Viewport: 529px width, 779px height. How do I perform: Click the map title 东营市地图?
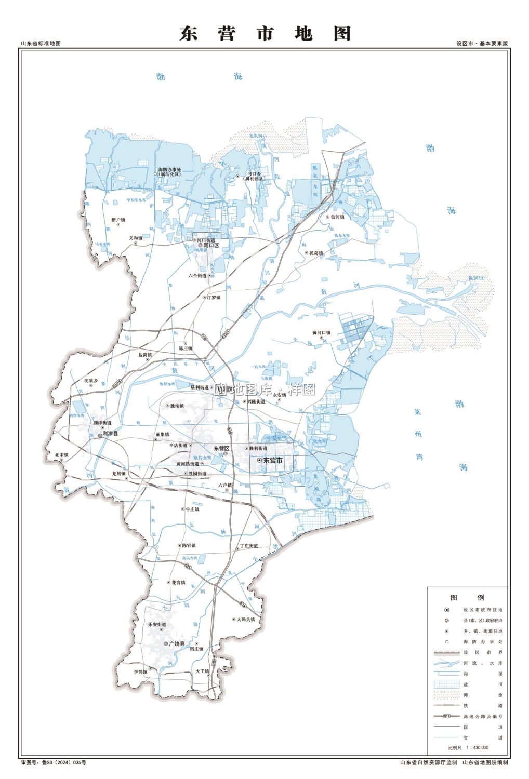point(265,34)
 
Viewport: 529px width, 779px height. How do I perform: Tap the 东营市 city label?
point(273,461)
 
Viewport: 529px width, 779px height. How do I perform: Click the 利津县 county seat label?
point(110,434)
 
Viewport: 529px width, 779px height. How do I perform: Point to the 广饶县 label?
point(177,644)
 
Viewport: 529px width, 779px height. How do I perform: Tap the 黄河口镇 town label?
point(321,333)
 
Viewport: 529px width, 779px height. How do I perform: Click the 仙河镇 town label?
point(337,217)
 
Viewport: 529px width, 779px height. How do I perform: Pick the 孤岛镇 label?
point(316,253)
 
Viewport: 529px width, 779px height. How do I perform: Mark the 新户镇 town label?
point(118,220)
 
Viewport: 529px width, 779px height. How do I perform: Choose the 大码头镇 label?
point(246,620)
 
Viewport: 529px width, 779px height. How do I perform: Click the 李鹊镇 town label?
point(140,672)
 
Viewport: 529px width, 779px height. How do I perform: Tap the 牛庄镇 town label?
point(192,509)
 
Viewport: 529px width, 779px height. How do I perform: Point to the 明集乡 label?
point(91,381)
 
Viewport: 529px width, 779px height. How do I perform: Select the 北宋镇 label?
point(61,455)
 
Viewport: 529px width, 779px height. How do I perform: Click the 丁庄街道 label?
point(249,546)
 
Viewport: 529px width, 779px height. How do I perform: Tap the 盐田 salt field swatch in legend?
point(446,684)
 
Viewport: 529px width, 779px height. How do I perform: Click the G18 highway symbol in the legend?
point(446,716)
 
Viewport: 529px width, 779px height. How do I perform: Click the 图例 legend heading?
point(467,598)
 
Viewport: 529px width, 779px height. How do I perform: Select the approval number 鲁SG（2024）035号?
point(64,763)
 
